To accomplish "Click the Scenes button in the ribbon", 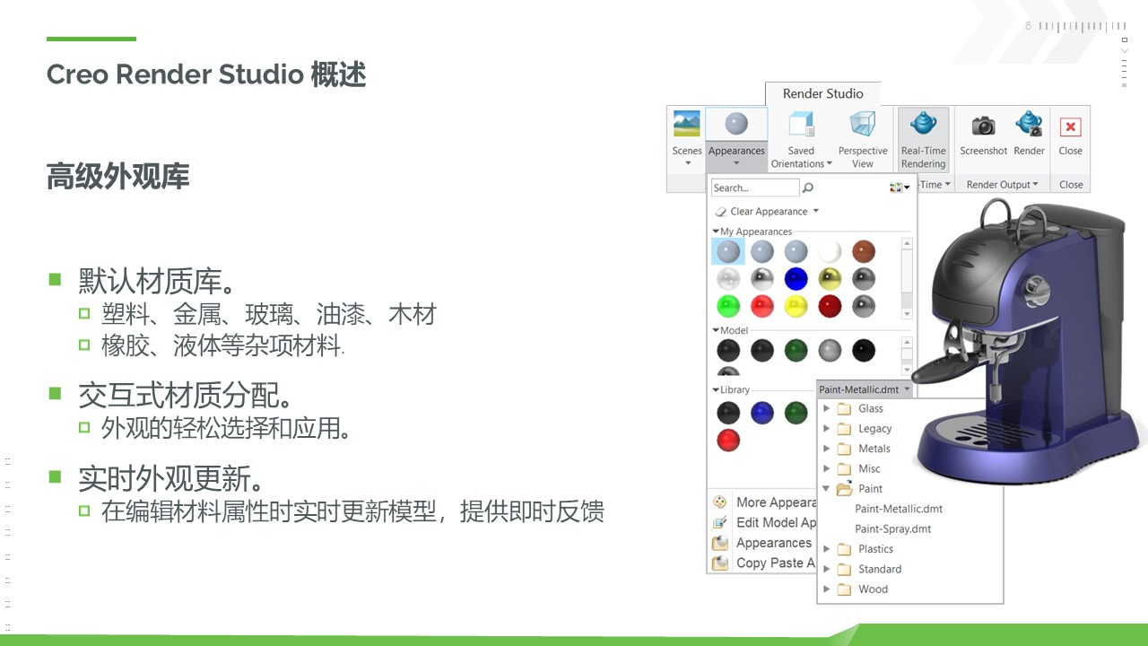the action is pyautogui.click(x=687, y=136).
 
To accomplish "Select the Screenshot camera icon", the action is pyautogui.click(x=983, y=125).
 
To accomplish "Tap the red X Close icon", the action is pyautogui.click(x=1070, y=127).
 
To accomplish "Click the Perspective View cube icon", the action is pyautogui.click(x=863, y=124).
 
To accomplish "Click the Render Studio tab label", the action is pyautogui.click(x=822, y=93).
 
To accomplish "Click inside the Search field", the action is pyautogui.click(x=755, y=188).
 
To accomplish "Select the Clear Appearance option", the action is pyautogui.click(x=767, y=211).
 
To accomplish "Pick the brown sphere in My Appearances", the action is pyautogui.click(x=864, y=252).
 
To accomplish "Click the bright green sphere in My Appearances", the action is pyautogui.click(x=728, y=307).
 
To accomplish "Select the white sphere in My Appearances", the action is pyautogui.click(x=830, y=252).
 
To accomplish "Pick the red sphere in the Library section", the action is pyautogui.click(x=728, y=441).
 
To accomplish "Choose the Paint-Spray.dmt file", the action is pyautogui.click(x=892, y=528).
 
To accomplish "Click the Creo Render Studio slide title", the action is pyautogui.click(x=206, y=74).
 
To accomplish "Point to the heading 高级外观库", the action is pyautogui.click(x=117, y=177).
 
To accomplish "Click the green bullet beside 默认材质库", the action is pyautogui.click(x=55, y=279).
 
